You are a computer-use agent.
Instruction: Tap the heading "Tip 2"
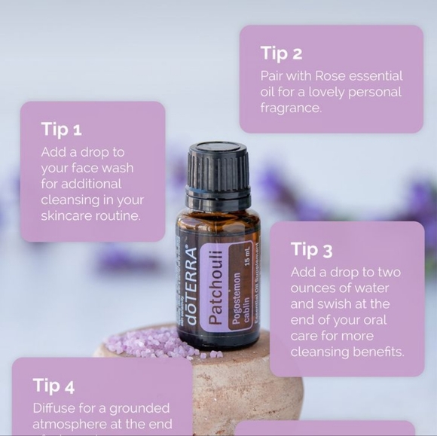[281, 53]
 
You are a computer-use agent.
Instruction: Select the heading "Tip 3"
[311, 249]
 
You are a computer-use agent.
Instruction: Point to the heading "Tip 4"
[53, 386]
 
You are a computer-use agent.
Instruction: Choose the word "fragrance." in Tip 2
[291, 108]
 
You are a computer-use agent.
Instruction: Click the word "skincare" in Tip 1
[66, 216]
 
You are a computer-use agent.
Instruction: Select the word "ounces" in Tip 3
[316, 288]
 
